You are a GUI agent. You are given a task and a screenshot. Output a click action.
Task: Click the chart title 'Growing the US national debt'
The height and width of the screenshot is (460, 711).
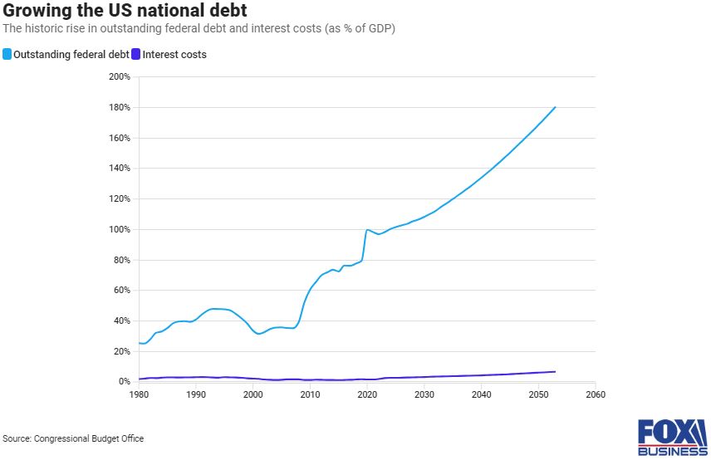(x=125, y=10)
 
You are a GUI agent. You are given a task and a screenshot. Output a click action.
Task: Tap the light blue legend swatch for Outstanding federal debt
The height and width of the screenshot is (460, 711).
(x=7, y=54)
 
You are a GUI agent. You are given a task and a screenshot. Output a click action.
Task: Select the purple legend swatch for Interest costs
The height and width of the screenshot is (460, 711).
(x=135, y=54)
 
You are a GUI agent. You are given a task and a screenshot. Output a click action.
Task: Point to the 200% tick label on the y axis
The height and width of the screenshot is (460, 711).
(x=120, y=76)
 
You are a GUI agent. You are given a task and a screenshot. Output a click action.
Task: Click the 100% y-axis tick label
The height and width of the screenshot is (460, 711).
(x=120, y=229)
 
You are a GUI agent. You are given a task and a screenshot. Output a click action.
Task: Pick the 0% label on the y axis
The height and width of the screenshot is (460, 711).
(x=125, y=382)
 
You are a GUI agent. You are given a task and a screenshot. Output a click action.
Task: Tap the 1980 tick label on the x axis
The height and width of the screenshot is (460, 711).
(x=139, y=394)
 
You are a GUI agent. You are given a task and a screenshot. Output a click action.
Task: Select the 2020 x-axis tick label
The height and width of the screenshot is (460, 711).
(x=367, y=394)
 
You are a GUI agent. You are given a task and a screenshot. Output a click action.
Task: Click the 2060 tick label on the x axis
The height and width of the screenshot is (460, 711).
(x=596, y=394)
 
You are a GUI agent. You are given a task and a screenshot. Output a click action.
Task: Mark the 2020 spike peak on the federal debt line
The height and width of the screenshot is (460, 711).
(x=367, y=230)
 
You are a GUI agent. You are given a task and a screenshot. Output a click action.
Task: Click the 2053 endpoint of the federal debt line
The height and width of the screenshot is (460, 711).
(x=555, y=107)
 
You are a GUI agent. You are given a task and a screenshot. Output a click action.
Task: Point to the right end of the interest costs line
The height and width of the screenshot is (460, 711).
(x=555, y=372)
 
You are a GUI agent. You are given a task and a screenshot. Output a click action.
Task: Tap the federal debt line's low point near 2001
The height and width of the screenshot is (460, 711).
(x=258, y=334)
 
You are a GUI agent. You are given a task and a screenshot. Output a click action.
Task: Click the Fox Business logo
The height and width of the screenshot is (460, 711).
(x=673, y=438)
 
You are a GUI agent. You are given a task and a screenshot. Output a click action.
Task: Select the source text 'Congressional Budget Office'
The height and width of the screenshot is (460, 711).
(x=89, y=438)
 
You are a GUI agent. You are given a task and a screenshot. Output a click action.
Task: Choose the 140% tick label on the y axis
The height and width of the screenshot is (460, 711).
(x=120, y=168)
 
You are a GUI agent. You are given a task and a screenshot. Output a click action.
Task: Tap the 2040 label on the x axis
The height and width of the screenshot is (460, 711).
(x=481, y=394)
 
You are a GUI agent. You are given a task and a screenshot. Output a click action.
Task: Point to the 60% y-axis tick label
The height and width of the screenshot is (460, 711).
(x=121, y=290)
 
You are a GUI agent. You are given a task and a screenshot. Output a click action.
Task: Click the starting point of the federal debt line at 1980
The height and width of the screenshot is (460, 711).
(x=140, y=343)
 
